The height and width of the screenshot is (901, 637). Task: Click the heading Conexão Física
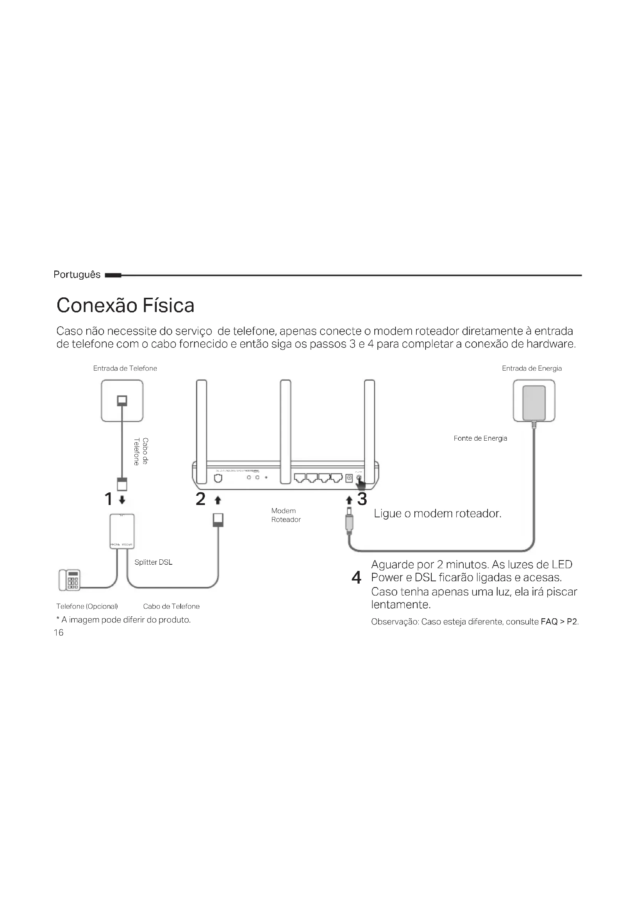(x=125, y=306)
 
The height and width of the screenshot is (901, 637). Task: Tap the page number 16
(x=59, y=632)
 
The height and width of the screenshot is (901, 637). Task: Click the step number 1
(x=109, y=499)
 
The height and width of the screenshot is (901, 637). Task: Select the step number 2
(x=200, y=499)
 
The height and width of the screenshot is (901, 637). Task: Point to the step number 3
(x=362, y=499)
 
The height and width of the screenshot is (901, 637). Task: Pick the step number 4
(x=356, y=577)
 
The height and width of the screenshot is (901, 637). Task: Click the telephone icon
(x=69, y=580)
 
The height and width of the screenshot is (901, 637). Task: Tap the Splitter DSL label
(x=153, y=562)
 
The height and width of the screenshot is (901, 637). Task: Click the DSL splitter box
(x=122, y=531)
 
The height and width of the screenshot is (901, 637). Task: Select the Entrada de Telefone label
(x=125, y=368)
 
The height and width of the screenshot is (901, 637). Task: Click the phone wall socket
(x=122, y=400)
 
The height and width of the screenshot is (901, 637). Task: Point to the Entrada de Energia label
(x=531, y=368)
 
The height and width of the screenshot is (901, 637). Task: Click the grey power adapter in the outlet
(x=534, y=403)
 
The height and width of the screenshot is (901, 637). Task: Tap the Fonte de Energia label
(x=480, y=438)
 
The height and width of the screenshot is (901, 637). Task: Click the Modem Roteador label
(x=285, y=515)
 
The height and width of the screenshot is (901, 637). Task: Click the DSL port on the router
(x=218, y=478)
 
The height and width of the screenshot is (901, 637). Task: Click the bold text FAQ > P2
(x=558, y=622)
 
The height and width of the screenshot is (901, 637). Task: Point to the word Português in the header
(x=77, y=275)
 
